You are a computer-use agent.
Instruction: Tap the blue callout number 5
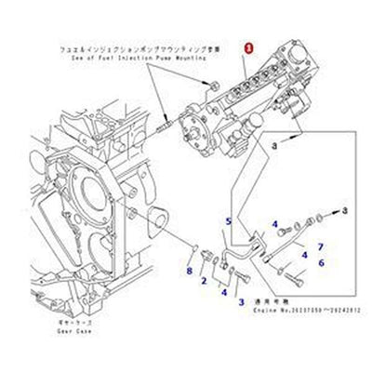(228, 220)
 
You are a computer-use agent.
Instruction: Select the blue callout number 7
(319, 246)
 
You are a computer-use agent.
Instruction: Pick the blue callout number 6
(323, 264)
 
